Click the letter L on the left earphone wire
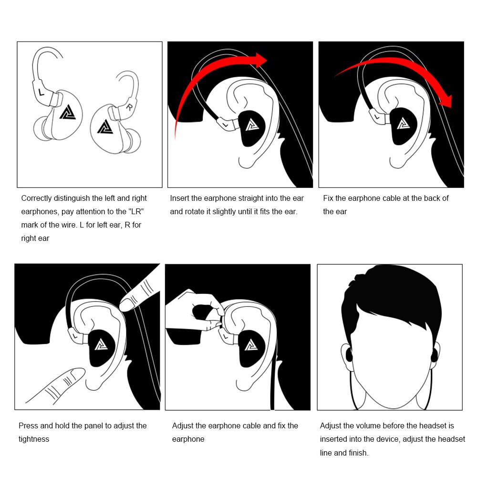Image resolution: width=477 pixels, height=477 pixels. pyautogui.click(x=41, y=92)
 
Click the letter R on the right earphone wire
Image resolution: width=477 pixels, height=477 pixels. pyautogui.click(x=129, y=107)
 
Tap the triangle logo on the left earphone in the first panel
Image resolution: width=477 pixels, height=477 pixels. pyautogui.click(x=68, y=112)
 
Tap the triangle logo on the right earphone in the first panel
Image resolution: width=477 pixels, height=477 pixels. pyautogui.click(x=105, y=126)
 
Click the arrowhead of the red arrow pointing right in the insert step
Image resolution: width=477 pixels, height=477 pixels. pyautogui.click(x=260, y=60)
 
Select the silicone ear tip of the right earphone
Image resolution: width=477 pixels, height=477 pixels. pyautogui.click(x=133, y=140)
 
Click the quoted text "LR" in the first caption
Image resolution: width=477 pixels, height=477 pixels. pyautogui.click(x=136, y=211)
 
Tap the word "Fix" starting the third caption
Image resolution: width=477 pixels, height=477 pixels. pyautogui.click(x=328, y=198)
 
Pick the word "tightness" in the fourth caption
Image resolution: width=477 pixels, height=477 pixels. pyautogui.click(x=34, y=439)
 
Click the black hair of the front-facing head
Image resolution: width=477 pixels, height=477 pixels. pyautogui.click(x=393, y=295)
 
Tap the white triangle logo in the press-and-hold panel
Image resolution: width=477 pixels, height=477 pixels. pyautogui.click(x=101, y=345)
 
